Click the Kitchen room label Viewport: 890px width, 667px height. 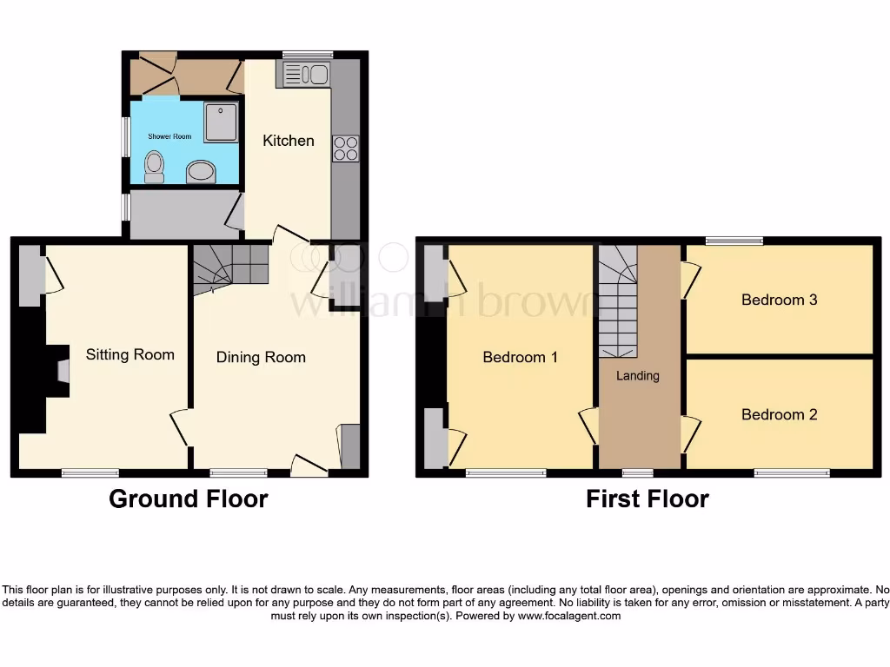click(x=289, y=141)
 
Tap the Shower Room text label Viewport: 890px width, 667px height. click(x=169, y=136)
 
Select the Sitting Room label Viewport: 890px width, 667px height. click(x=130, y=354)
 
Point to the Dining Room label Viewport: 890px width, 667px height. click(x=261, y=357)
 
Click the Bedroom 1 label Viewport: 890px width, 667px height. click(x=520, y=357)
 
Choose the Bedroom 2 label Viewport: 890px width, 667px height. click(x=779, y=414)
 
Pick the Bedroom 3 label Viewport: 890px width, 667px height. click(x=779, y=300)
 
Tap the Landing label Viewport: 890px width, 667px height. click(x=638, y=376)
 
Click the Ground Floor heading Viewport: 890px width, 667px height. click(x=188, y=499)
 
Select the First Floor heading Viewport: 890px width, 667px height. click(x=648, y=499)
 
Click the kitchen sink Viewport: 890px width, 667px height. click(x=304, y=75)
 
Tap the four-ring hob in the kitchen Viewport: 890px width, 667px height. click(x=345, y=149)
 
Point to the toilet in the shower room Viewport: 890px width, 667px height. click(x=155, y=166)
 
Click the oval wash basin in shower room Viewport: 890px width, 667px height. click(x=202, y=172)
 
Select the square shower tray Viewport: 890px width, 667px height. click(x=221, y=122)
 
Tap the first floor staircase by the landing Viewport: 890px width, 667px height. click(x=618, y=304)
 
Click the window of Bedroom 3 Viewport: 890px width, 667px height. click(x=734, y=241)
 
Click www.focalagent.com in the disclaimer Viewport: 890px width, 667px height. click(x=569, y=616)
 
